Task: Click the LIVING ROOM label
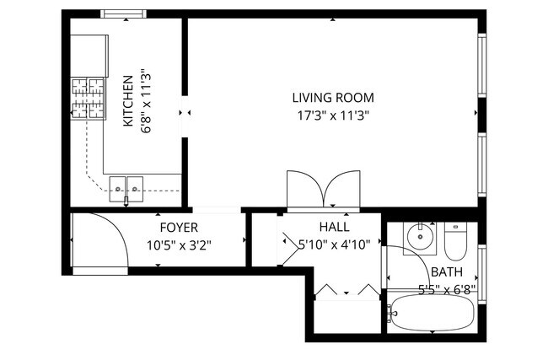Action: point(333,98)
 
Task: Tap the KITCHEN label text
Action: point(128,101)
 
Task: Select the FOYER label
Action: point(179,228)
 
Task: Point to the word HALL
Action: point(334,227)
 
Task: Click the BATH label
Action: point(447,272)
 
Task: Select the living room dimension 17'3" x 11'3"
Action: point(333,115)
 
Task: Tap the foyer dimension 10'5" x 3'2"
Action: point(179,245)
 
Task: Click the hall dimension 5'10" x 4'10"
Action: point(335,244)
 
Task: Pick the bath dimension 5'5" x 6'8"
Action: point(448,289)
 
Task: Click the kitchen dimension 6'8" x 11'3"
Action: point(146,101)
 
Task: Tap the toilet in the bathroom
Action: point(456,241)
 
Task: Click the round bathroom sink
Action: point(420,237)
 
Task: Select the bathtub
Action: point(432,313)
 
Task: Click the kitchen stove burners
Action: point(88,98)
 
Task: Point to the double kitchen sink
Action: point(126,189)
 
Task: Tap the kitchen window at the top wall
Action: point(123,14)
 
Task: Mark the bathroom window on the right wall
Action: point(482,274)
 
